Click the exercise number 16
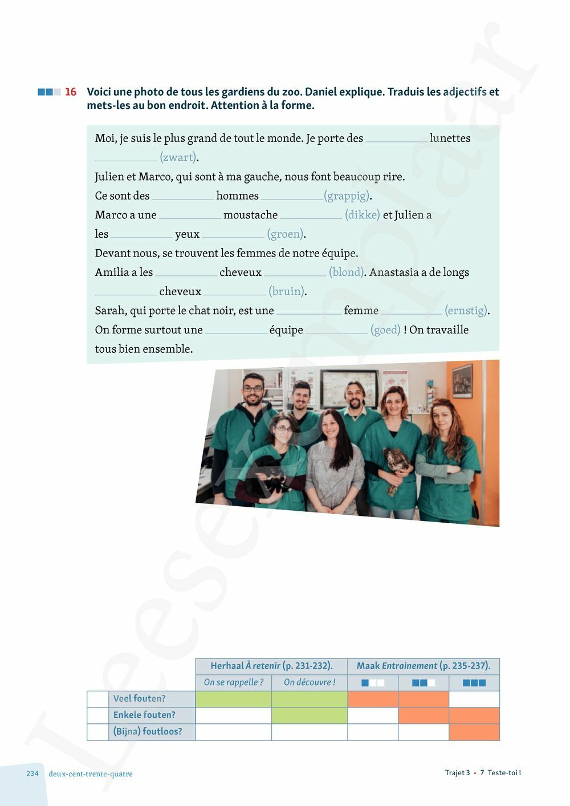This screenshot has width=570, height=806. pos(71,92)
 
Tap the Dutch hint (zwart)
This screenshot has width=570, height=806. pos(179,157)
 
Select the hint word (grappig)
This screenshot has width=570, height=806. pos(348,196)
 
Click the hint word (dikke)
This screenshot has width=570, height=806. pos(362,215)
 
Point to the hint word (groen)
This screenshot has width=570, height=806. pos(286,234)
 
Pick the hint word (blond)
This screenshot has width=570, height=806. pos(347,272)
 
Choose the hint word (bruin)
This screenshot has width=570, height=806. pos(288,292)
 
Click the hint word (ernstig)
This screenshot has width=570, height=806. pos(467,311)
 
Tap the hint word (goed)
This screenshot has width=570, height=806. pos(385,330)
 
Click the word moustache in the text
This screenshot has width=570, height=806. pos(250,215)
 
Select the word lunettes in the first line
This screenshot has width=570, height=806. pos(450,139)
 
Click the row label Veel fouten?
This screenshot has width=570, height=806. pos(139,699)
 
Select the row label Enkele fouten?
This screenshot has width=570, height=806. pos(144,715)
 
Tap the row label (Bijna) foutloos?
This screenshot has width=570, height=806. pos(148,732)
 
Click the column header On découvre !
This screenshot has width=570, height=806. pos(310,682)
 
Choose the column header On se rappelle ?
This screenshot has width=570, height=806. pos(234,682)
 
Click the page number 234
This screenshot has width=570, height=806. pos(32,774)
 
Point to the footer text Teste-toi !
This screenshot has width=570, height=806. pos(504,773)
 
